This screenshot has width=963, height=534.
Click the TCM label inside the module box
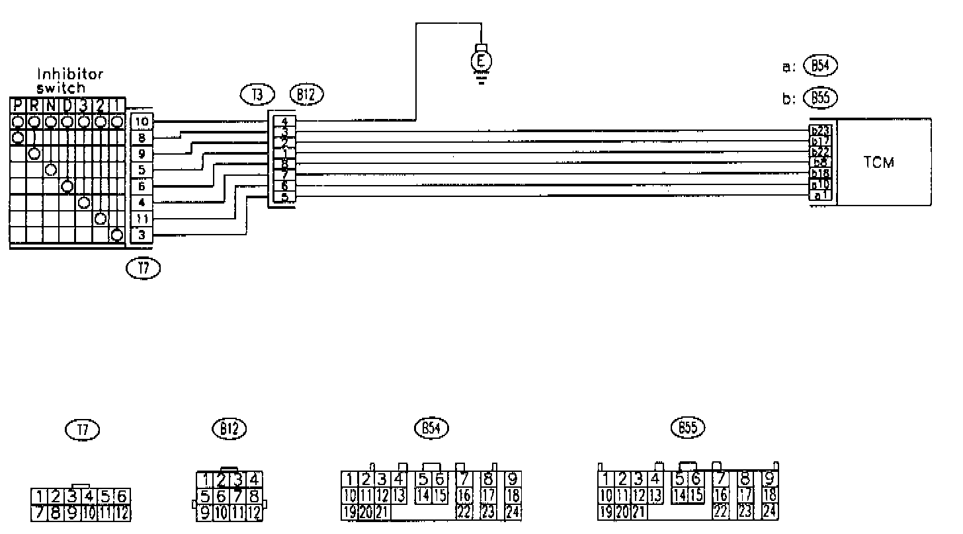879,163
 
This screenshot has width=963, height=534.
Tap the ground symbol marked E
482,61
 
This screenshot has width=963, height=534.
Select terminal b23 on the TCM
820,131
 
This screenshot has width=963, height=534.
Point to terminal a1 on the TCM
820,196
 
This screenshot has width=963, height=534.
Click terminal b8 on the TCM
820,163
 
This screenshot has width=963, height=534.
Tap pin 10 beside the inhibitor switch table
142,122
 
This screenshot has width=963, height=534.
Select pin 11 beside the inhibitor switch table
142,219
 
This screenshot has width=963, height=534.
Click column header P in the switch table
18,104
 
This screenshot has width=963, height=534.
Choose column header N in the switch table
50,104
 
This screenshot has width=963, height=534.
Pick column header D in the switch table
67,104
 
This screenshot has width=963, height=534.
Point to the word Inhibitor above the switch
69,75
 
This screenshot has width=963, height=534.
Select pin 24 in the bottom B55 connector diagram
769,511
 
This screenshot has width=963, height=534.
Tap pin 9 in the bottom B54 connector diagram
512,478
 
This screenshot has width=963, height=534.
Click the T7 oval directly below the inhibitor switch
142,268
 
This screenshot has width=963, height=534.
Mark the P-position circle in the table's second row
18,137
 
